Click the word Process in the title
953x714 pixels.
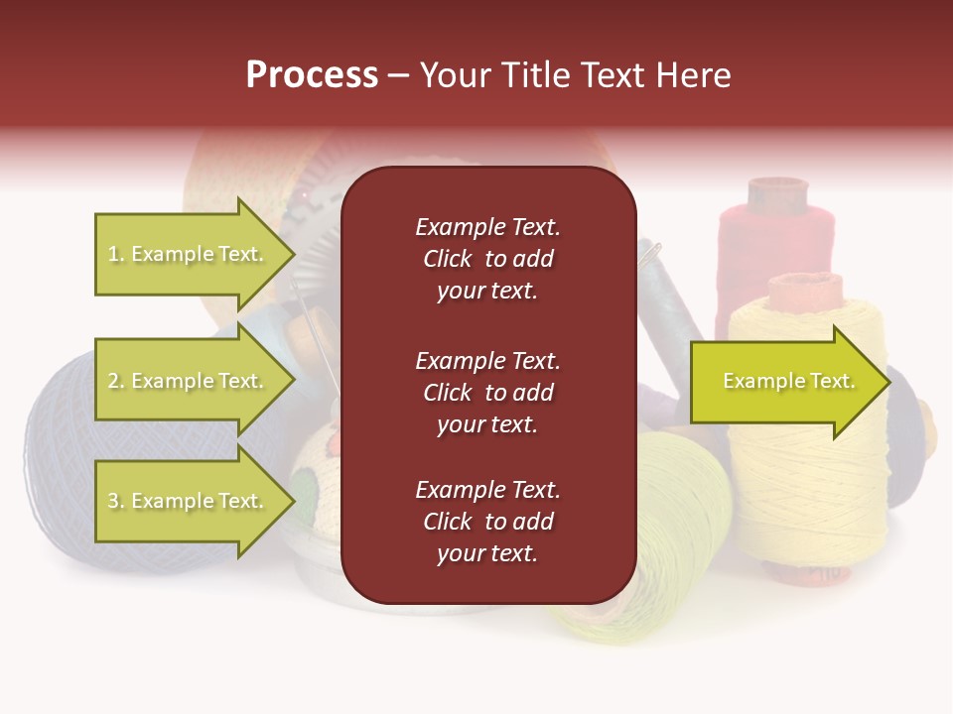[x=312, y=75]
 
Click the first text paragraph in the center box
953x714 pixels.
[x=487, y=259]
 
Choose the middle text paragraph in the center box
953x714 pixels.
[x=487, y=393]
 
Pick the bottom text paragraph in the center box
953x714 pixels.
[x=487, y=522]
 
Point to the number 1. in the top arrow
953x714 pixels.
[x=116, y=254]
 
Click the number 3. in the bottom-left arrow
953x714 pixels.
[x=116, y=501]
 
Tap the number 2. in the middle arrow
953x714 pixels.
[x=116, y=381]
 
